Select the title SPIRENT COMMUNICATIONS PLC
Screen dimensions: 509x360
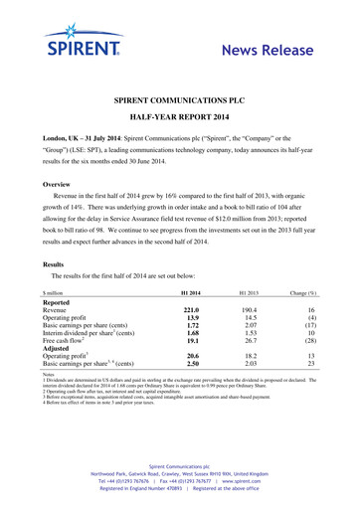179,101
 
